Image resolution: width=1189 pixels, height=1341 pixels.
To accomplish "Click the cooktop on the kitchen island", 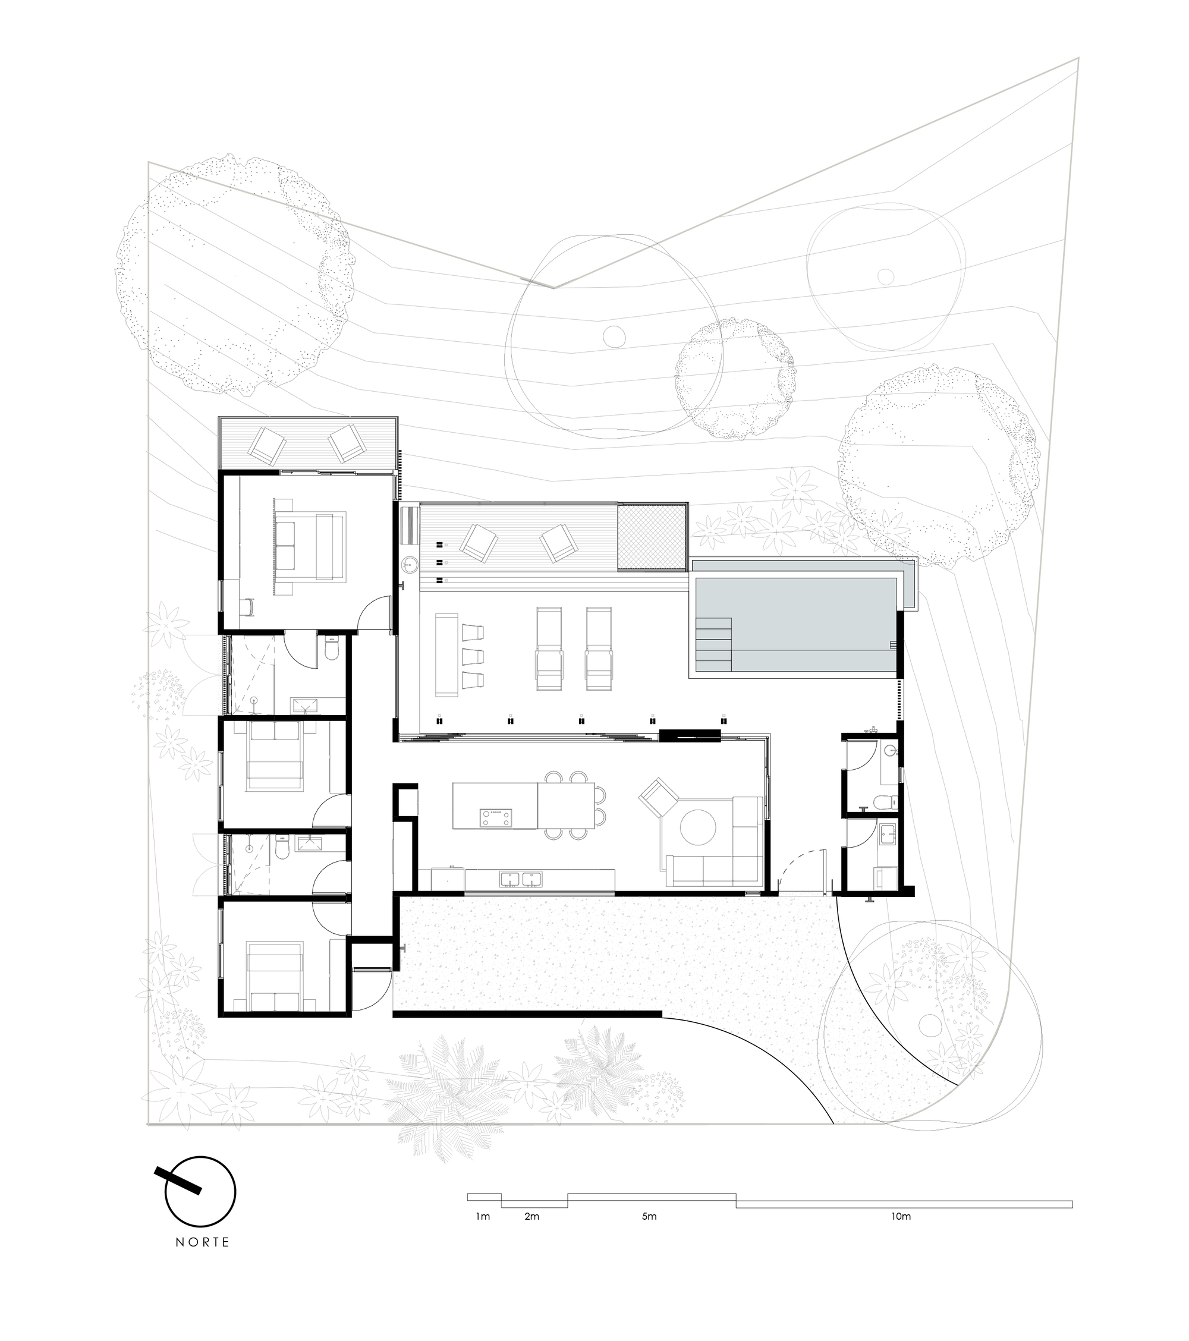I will click(496, 817).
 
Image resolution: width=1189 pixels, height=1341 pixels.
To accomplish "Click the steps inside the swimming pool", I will click(714, 640).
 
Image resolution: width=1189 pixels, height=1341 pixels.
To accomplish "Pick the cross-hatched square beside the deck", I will click(651, 537).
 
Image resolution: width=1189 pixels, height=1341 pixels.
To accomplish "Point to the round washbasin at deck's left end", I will click(410, 563).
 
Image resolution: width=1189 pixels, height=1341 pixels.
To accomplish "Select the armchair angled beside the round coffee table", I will click(660, 799).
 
